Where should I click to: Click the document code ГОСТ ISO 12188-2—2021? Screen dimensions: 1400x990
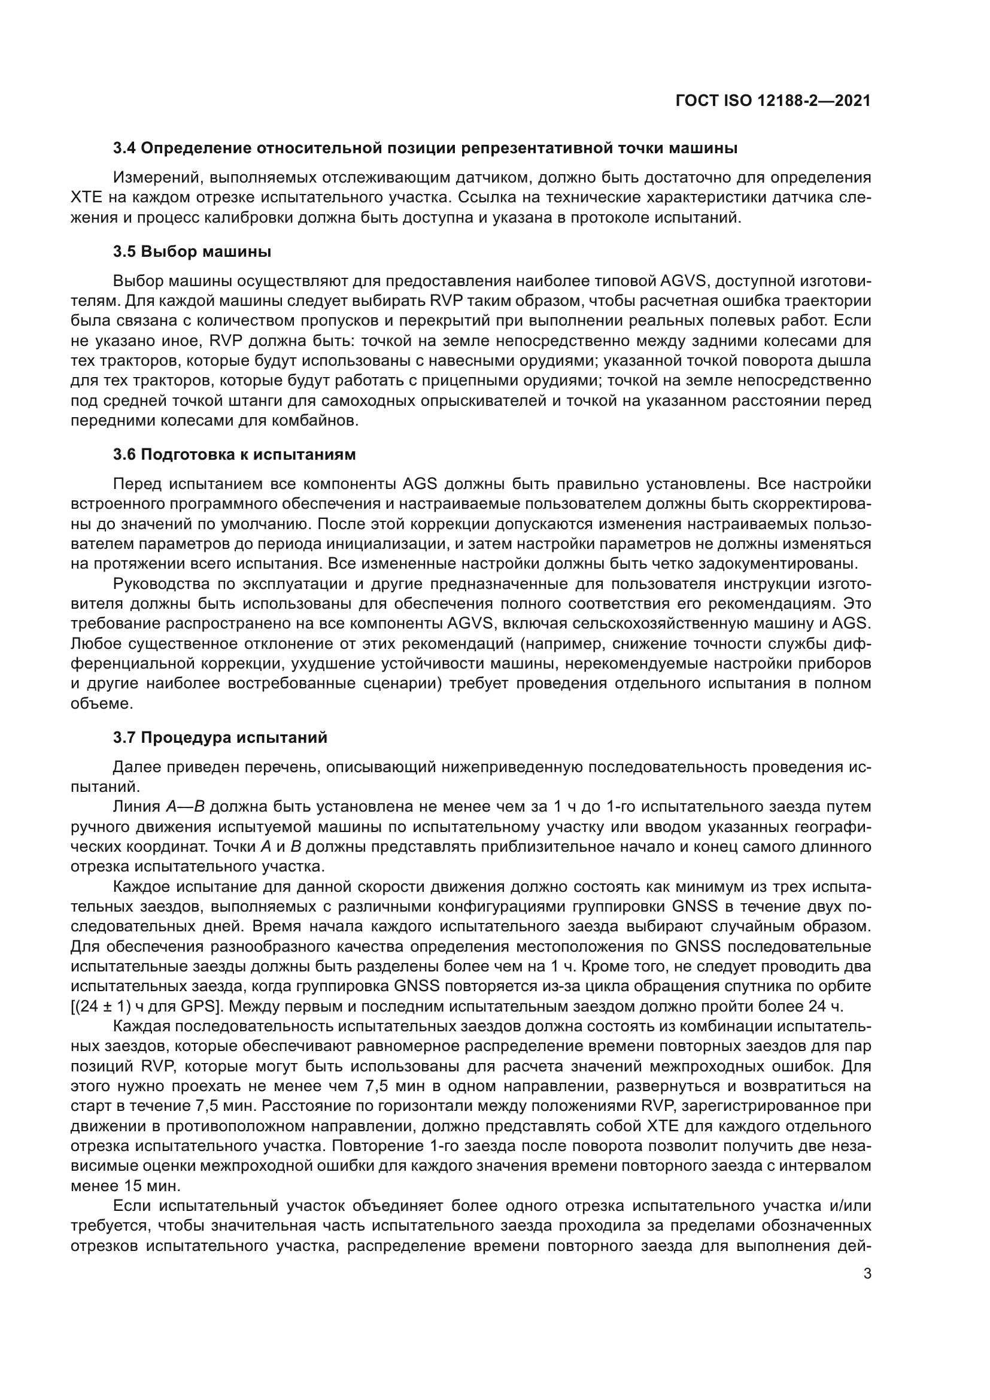tap(772, 101)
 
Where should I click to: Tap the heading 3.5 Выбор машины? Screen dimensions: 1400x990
tap(192, 251)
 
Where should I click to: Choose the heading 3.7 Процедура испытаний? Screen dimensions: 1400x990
tap(220, 737)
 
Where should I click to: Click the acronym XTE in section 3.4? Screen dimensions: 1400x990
tap(84, 198)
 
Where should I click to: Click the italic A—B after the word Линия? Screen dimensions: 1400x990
tap(185, 807)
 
